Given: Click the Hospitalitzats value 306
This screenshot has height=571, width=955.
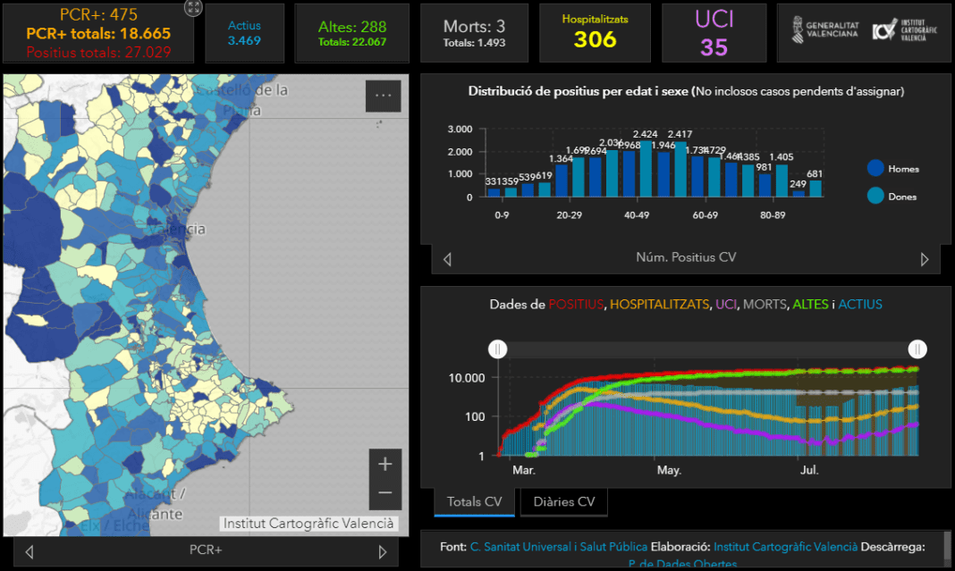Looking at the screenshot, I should tap(596, 39).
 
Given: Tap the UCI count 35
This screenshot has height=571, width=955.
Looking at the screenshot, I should tap(714, 46).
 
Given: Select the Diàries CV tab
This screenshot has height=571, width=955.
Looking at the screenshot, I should tap(563, 501).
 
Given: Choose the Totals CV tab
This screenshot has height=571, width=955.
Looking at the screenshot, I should tap(474, 501).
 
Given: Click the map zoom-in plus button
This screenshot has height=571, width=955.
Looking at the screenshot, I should tap(385, 464).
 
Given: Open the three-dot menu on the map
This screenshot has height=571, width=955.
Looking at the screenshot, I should tap(383, 96).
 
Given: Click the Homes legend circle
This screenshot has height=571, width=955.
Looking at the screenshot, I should tap(875, 168).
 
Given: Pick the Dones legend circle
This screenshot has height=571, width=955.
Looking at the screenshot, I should tap(875, 196).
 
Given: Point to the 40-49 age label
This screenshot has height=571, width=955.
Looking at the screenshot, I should tap(637, 215).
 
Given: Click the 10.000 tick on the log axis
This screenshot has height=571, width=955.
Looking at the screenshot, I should tap(466, 378).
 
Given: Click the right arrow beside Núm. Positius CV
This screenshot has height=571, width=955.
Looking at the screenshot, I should tap(925, 259).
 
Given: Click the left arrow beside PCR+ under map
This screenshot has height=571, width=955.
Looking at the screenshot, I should tap(30, 551).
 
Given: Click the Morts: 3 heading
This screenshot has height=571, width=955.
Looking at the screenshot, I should tap(474, 26).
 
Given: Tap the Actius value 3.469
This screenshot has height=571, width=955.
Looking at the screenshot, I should tap(244, 41).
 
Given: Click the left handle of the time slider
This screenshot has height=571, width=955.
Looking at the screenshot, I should tap(497, 348).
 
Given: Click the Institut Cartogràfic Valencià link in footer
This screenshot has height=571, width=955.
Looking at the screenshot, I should tap(785, 546).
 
